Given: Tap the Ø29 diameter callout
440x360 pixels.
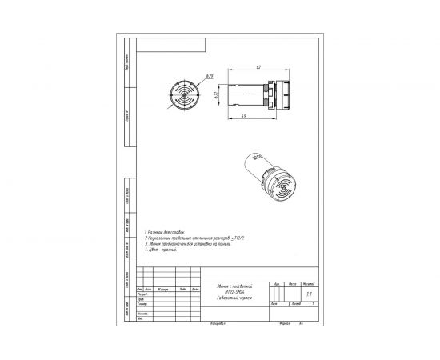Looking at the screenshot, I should (x=210, y=77).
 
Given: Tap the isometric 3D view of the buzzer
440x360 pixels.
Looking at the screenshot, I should (x=269, y=181).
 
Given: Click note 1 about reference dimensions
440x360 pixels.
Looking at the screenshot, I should (x=165, y=230).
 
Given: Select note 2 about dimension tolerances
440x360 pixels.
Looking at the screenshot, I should (x=189, y=236).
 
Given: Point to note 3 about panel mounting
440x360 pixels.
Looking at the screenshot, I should (x=184, y=242).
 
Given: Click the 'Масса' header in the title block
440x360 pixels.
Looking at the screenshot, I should (x=294, y=283).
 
